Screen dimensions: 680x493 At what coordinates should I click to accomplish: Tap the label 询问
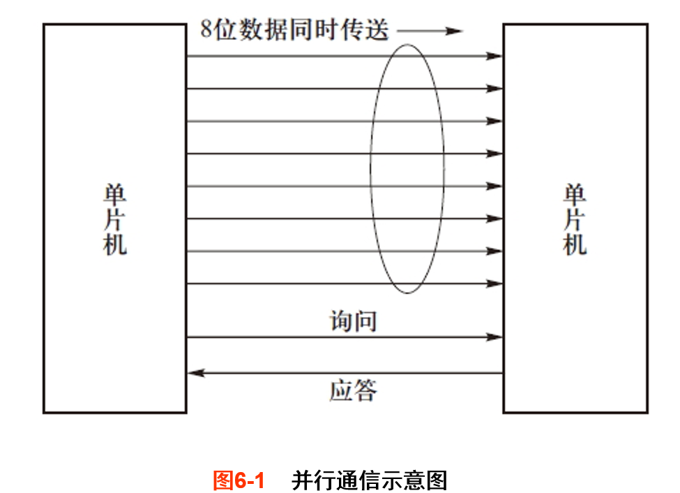tap(354, 321)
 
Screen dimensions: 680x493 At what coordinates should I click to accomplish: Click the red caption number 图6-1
tap(239, 480)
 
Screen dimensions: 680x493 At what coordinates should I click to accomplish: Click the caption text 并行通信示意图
tap(370, 480)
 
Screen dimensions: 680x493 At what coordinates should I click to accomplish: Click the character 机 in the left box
tap(115, 244)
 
